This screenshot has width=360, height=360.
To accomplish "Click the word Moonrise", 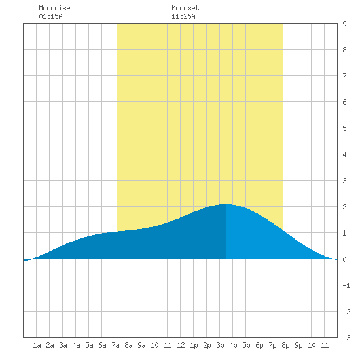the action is point(54,8).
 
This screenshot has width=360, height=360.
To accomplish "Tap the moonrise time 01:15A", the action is point(50,16).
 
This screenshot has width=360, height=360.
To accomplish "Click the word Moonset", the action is point(185,8).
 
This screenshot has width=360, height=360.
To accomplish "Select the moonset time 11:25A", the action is point(183,16).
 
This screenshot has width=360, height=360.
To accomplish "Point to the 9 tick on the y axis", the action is point(344,24).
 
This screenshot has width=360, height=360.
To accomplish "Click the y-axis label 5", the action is point(344,128).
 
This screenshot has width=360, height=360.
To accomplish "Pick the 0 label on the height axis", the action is point(344,259).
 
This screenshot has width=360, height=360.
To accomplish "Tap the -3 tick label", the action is point(346,338).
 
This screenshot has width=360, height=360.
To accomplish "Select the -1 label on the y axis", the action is point(346,285).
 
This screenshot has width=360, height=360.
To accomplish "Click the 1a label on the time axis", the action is point(37,345).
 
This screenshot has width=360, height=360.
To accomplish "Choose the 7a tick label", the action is point(115,345).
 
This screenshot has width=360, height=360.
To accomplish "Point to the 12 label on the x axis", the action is point(181,345).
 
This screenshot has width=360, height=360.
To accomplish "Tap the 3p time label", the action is point(220,346).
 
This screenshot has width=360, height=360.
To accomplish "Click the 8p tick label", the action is point(285,346).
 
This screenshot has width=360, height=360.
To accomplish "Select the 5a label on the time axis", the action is point(89,345).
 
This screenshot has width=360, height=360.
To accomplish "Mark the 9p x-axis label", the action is point(298,346).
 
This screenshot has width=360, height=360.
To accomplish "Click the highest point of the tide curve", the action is point(226,204).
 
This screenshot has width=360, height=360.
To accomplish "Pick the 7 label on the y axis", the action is point(344,76).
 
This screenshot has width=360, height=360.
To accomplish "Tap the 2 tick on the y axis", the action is point(344,207).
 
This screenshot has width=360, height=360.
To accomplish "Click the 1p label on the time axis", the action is point(194,346).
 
